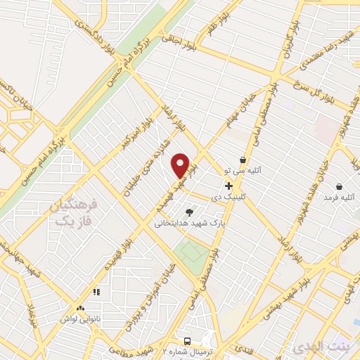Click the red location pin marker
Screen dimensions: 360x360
pyautogui.click(x=181, y=165)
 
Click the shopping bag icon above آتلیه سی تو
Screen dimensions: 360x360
pyautogui.click(x=243, y=160)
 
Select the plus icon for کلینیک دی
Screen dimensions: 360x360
pyautogui.click(x=229, y=185)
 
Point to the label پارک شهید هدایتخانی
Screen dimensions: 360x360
pyautogui.click(x=190, y=223)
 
